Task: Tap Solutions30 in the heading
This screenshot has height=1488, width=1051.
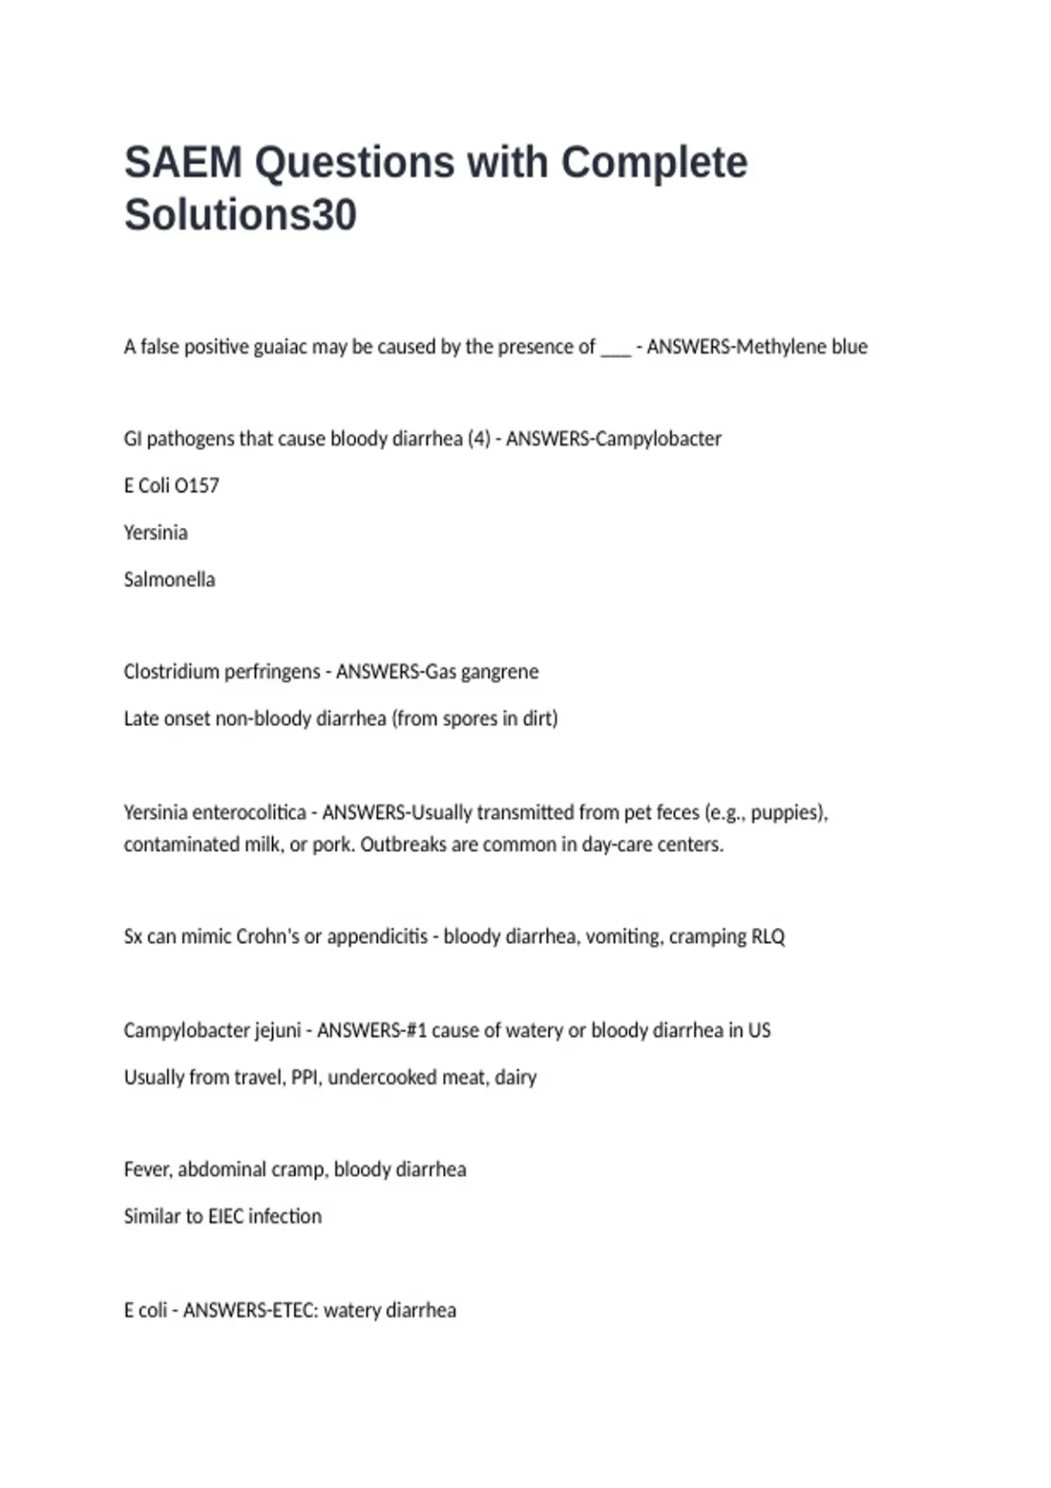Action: (x=240, y=215)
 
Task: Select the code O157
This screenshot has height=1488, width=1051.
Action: (x=197, y=486)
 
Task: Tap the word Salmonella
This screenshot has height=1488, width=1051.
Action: (x=169, y=579)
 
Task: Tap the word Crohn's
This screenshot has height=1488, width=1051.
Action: (x=267, y=937)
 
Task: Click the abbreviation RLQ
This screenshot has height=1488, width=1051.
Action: (x=768, y=937)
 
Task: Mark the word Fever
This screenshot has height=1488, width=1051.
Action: (x=147, y=1170)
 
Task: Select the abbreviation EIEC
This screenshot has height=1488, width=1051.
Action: (x=226, y=1217)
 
